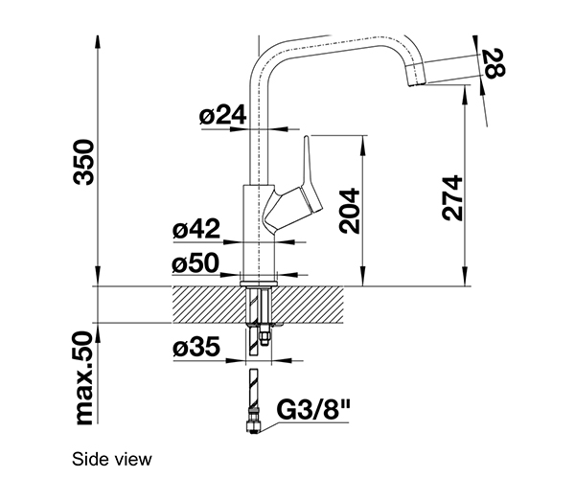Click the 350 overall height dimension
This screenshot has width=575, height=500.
[x=84, y=162]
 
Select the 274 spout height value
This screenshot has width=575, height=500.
[x=452, y=198]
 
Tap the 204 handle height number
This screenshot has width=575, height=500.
[x=349, y=211]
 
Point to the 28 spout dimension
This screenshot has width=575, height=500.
[x=494, y=63]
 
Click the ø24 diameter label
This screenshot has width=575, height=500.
[x=222, y=115]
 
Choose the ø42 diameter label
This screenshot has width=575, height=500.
[x=196, y=229]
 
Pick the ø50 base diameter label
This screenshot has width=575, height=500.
[x=195, y=262]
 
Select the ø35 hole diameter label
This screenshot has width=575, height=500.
[x=196, y=347]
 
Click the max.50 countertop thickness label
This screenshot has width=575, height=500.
[x=84, y=378]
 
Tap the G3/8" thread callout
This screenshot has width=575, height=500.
[x=313, y=410]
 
